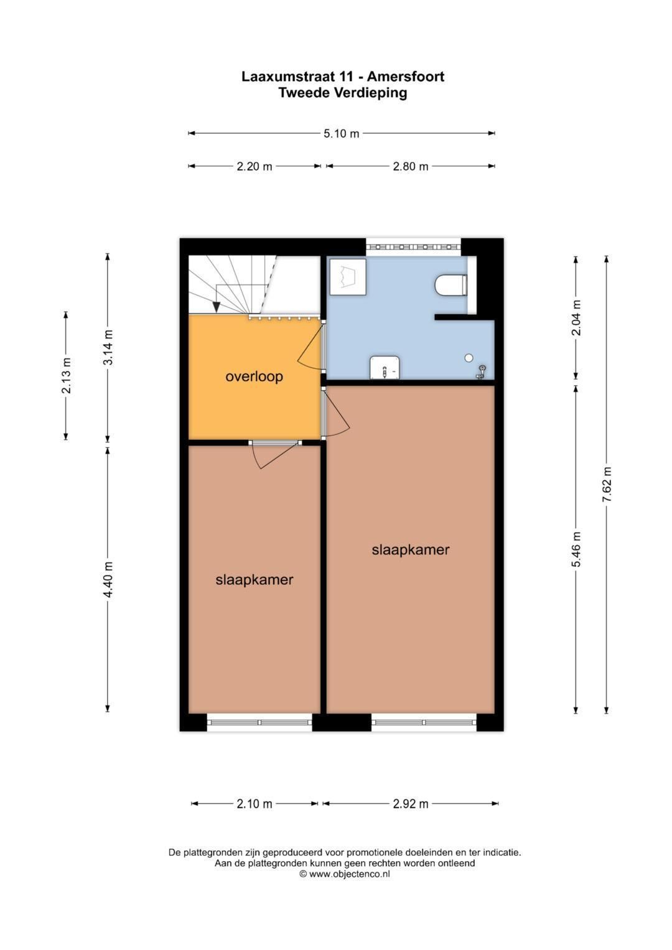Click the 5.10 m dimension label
click(x=341, y=133)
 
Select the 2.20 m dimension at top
click(x=254, y=166)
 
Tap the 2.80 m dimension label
click(x=410, y=166)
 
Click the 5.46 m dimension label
click(x=577, y=549)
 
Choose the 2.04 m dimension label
click(x=577, y=317)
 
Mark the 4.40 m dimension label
click(x=108, y=579)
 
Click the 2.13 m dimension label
click(x=66, y=376)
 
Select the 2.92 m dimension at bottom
click(x=410, y=804)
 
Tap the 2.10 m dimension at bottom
click(x=254, y=804)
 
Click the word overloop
click(x=254, y=376)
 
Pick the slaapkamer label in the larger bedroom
click(x=410, y=549)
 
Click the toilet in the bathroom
click(x=450, y=286)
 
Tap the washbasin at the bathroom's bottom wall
click(x=385, y=368)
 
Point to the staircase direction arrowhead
click(x=216, y=306)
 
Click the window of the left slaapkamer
click(x=259, y=722)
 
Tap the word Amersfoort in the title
click(x=405, y=77)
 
